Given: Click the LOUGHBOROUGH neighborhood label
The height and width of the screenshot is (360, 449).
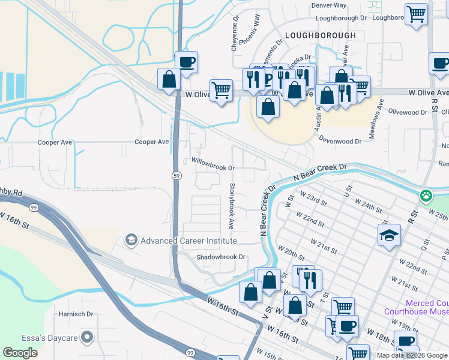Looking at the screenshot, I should [320, 35].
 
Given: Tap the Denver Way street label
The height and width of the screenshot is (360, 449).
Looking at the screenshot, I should [329, 5].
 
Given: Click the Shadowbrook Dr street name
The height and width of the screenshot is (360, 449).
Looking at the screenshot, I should [221, 257].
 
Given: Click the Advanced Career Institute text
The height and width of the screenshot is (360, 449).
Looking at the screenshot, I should [188, 241].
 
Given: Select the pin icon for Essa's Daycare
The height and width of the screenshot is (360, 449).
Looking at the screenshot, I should [88, 337].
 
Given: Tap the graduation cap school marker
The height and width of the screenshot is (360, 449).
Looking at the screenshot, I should [389, 235].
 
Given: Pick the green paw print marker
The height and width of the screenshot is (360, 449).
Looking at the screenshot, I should [426, 195].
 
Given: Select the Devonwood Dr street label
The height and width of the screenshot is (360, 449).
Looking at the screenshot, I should [341, 142].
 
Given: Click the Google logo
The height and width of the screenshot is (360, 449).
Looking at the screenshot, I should [20, 353].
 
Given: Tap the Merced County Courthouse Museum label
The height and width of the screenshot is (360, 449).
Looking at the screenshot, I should [417, 307].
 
